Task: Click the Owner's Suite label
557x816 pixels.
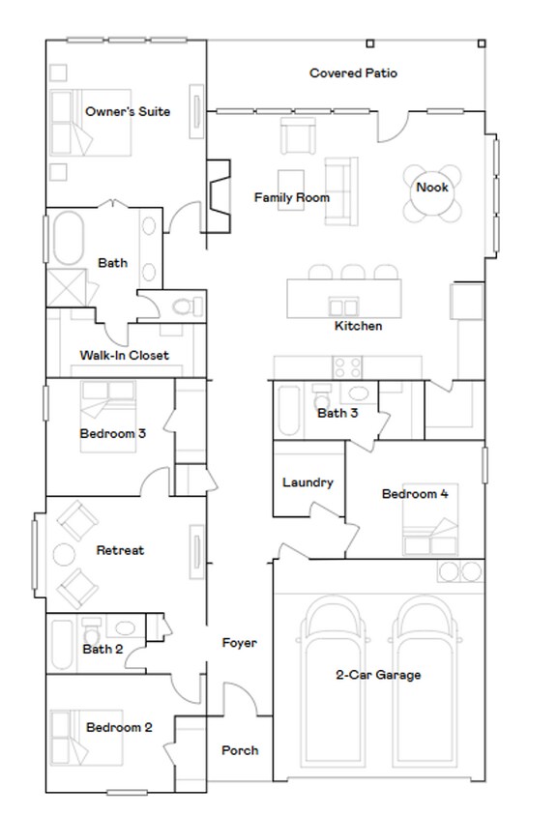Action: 128,112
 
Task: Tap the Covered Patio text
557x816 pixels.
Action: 353,73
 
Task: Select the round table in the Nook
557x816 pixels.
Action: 432,186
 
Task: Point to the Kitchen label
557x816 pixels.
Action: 358,327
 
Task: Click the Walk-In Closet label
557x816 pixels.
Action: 124,356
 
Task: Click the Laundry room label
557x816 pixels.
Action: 308,482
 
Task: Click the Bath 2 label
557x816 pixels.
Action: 103,649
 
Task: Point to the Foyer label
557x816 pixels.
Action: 239,643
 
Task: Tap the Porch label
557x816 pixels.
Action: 240,750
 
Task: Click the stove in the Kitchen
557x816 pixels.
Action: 347,367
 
